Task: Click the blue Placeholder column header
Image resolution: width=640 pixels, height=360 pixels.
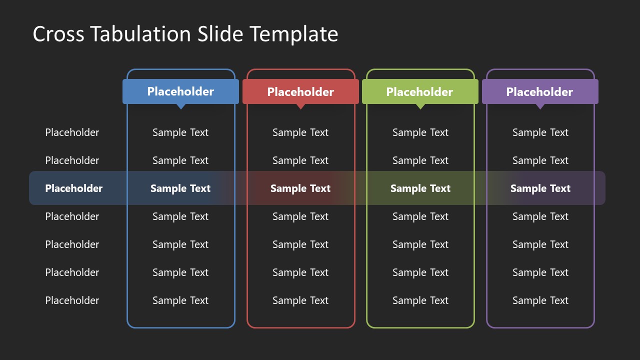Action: click(x=180, y=91)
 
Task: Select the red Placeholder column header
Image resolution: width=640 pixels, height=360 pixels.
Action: click(x=300, y=91)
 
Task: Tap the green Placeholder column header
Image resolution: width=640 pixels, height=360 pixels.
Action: click(x=420, y=91)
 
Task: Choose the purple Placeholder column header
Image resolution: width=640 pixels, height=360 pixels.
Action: click(x=540, y=91)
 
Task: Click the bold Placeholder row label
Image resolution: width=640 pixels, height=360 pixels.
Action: click(x=73, y=188)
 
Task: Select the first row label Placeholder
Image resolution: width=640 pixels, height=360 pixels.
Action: click(x=72, y=132)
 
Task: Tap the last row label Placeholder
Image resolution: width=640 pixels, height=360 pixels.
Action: click(x=72, y=300)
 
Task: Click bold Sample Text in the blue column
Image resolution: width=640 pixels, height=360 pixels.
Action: click(x=180, y=188)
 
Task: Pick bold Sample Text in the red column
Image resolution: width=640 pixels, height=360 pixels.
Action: click(x=300, y=188)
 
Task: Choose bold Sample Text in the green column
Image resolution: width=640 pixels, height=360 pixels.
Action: click(x=420, y=188)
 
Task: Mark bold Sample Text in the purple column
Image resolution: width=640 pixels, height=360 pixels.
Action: click(x=540, y=188)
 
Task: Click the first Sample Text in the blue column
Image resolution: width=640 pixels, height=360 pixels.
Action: click(x=180, y=132)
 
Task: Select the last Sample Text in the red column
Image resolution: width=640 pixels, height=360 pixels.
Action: click(x=300, y=300)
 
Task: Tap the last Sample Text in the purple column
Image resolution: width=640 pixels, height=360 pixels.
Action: click(x=540, y=300)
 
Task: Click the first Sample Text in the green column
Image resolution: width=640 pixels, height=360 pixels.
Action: click(x=420, y=132)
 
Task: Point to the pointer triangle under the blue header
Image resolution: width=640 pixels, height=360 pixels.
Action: click(x=181, y=106)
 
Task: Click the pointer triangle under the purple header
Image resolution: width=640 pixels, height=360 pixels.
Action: click(x=540, y=106)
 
